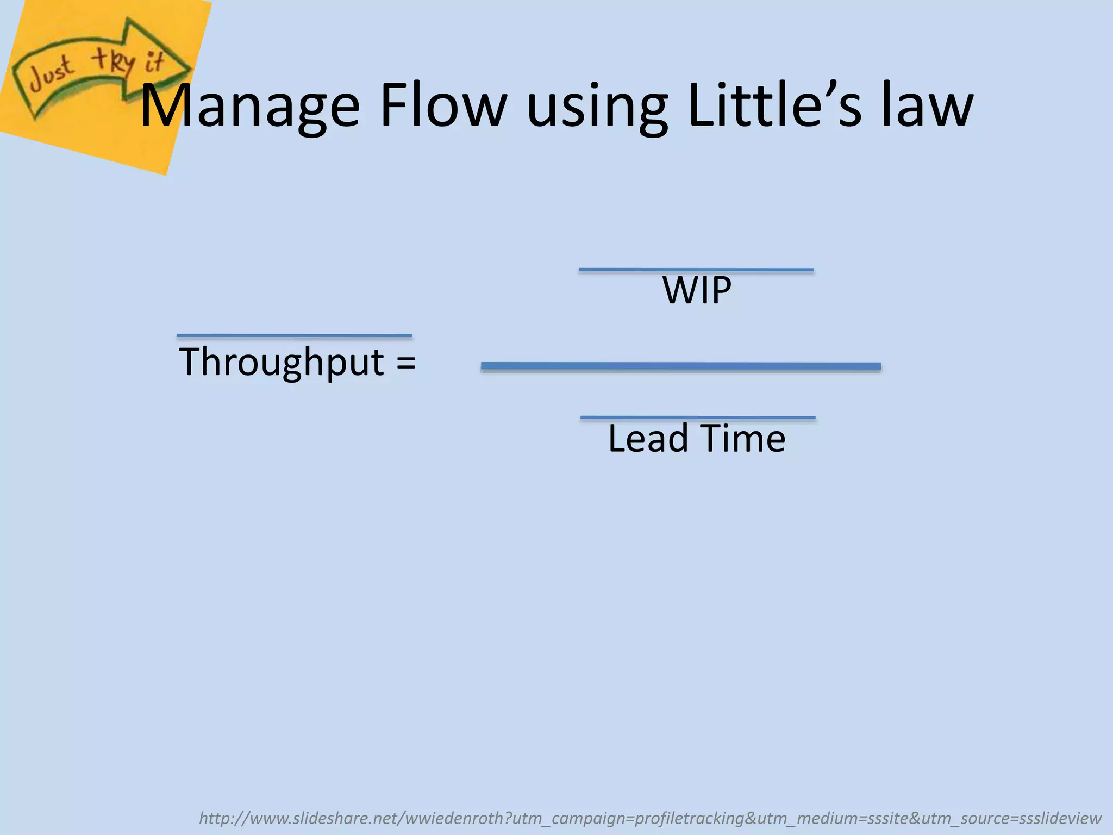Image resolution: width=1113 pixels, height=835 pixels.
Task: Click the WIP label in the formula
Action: coord(697,291)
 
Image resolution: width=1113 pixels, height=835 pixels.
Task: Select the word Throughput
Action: coord(282,363)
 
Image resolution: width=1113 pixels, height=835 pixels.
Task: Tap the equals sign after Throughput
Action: coord(406,362)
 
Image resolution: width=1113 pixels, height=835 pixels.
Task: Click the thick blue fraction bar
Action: coord(680,366)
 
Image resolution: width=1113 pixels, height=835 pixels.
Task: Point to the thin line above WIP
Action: coord(696,270)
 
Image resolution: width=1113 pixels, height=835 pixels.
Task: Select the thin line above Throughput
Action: coord(294,336)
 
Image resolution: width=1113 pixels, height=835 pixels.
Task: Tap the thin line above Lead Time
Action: coord(698,417)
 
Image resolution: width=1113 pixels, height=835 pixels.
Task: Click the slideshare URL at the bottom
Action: coord(649,818)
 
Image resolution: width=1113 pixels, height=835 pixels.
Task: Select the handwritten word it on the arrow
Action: coord(154,61)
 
